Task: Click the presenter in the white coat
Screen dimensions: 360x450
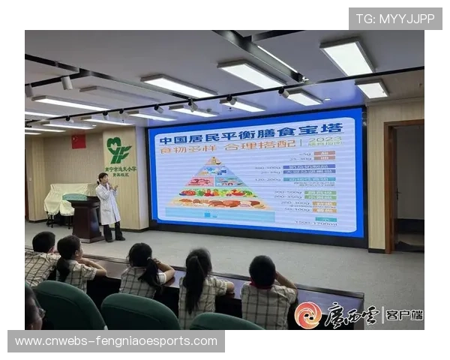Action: click(x=109, y=204)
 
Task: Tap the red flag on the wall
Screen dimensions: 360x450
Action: click(x=78, y=141)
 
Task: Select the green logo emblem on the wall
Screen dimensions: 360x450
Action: click(x=118, y=149)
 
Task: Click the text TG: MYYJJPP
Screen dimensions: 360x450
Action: click(x=395, y=18)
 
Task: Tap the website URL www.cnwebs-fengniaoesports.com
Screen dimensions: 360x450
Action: click(x=116, y=341)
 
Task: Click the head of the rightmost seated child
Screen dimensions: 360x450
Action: click(x=262, y=270)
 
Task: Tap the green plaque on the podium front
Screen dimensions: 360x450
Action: click(x=74, y=197)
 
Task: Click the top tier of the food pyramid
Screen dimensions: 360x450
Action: click(x=214, y=160)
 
